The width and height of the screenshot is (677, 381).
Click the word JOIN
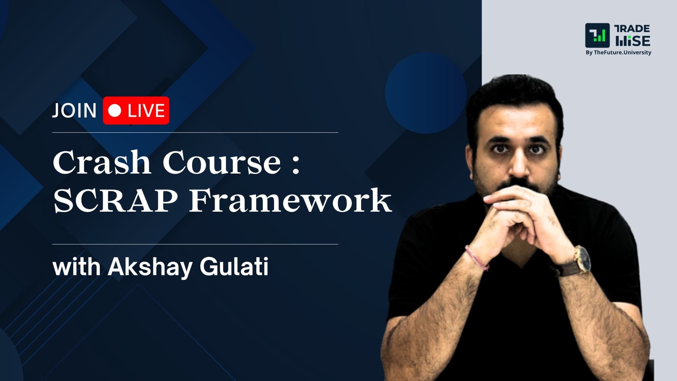coord(74,111)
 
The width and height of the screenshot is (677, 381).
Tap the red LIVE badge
coord(136,110)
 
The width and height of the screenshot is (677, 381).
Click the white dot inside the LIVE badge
coord(115,110)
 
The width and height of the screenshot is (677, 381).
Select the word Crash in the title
coord(102,163)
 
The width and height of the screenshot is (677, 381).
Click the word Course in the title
coord(221,163)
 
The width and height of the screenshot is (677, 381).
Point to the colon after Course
coord(296,164)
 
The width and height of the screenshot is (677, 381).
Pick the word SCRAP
coord(115,201)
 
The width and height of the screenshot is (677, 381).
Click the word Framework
coord(290,201)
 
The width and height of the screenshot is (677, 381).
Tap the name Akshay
coord(150,267)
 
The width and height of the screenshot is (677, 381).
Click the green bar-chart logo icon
coord(597,36)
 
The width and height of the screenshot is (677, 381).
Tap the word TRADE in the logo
coord(632,29)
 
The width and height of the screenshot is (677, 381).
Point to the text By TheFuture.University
coord(618,53)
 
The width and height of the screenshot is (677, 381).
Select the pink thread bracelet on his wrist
coord(477,258)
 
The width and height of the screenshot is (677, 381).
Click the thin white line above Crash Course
coord(195,133)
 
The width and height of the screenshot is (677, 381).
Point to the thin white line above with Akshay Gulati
coord(195,244)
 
